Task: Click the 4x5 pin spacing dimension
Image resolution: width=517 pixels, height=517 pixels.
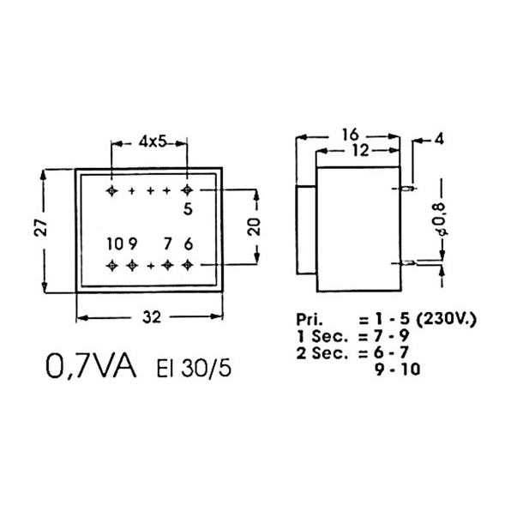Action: pyautogui.click(x=152, y=142)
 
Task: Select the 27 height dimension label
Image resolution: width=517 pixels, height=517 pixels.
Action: pyautogui.click(x=41, y=227)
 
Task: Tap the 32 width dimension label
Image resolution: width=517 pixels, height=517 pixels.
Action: pyautogui.click(x=152, y=317)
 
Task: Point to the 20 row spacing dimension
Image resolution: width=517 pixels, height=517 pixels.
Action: pyautogui.click(x=254, y=226)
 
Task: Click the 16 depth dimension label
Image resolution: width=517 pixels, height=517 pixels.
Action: pyautogui.click(x=350, y=135)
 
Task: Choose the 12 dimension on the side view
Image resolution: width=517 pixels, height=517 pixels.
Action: pyautogui.click(x=360, y=151)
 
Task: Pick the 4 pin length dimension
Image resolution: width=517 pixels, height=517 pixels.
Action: pyautogui.click(x=439, y=139)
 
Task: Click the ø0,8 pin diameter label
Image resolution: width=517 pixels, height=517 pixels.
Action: pyautogui.click(x=442, y=219)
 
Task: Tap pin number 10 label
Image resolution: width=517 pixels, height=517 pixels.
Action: pyautogui.click(x=115, y=244)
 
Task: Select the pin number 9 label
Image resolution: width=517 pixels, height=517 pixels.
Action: pyautogui.click(x=133, y=244)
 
